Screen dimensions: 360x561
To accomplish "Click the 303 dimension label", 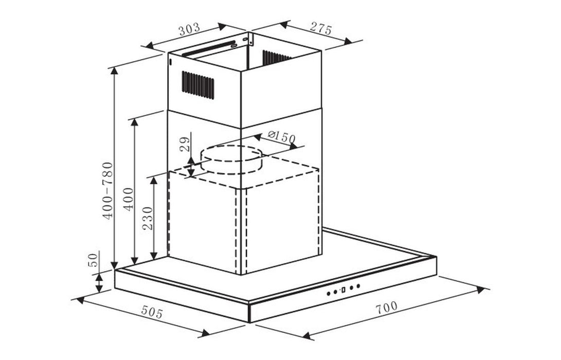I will click(189, 30).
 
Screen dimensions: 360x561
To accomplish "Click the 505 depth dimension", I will click(152, 312).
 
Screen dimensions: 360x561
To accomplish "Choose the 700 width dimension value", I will click(386, 307).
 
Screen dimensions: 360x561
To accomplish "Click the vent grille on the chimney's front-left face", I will click(197, 85).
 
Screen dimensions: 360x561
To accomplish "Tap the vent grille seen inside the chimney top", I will click(276, 58).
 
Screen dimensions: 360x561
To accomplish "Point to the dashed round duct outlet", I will click(231, 159).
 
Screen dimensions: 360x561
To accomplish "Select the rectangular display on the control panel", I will click(342, 290).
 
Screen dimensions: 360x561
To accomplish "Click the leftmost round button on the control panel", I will click(329, 294).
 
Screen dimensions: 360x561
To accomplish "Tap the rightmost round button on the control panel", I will click(358, 286).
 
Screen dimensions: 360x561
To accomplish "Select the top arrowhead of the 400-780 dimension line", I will click(114, 71).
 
